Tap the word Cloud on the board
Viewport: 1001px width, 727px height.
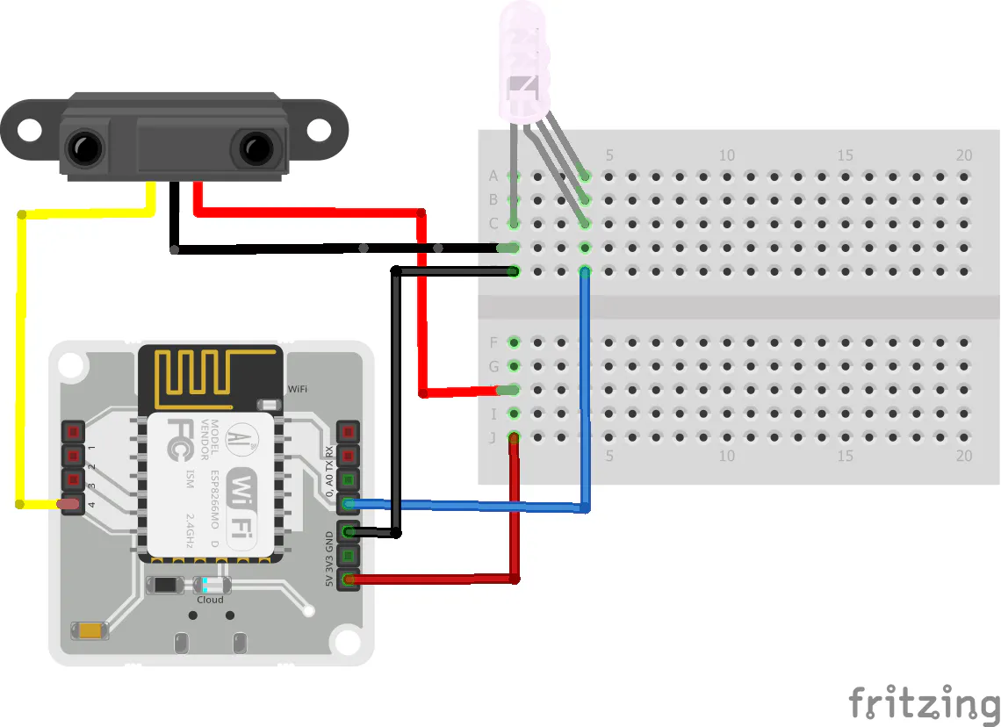tap(210, 601)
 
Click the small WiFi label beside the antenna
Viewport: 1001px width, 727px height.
tap(298, 388)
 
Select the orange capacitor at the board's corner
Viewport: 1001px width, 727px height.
tap(91, 630)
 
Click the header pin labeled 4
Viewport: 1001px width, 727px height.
tap(72, 505)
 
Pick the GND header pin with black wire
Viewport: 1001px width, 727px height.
tap(349, 532)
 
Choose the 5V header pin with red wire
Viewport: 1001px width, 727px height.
tap(349, 579)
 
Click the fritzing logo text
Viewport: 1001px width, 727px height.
tap(923, 702)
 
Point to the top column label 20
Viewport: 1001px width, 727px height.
tap(963, 155)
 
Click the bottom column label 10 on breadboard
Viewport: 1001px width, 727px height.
tap(727, 457)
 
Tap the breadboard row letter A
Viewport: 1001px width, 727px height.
tap(493, 176)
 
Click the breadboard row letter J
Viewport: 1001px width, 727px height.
tap(493, 437)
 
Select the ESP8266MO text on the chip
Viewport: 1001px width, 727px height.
tap(215, 501)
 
